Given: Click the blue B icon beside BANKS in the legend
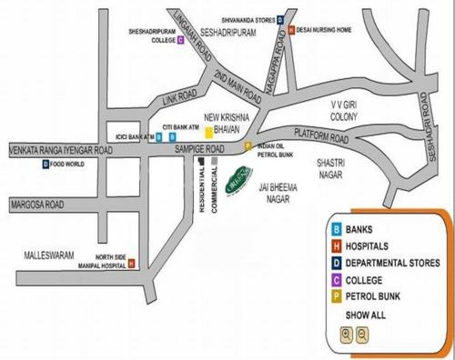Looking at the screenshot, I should [x=336, y=230].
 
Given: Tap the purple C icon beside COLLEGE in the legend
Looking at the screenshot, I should [x=336, y=280].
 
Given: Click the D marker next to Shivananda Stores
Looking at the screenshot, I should [x=279, y=18].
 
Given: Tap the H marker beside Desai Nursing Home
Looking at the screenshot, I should [x=290, y=29].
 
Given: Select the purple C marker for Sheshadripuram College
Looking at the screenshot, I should [x=181, y=40].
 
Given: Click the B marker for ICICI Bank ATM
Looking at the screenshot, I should [x=159, y=137].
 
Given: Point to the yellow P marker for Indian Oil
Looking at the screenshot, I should [x=249, y=145].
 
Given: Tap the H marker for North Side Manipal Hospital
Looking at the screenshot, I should [x=131, y=264].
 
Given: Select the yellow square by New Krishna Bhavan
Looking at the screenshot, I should [x=209, y=132].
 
